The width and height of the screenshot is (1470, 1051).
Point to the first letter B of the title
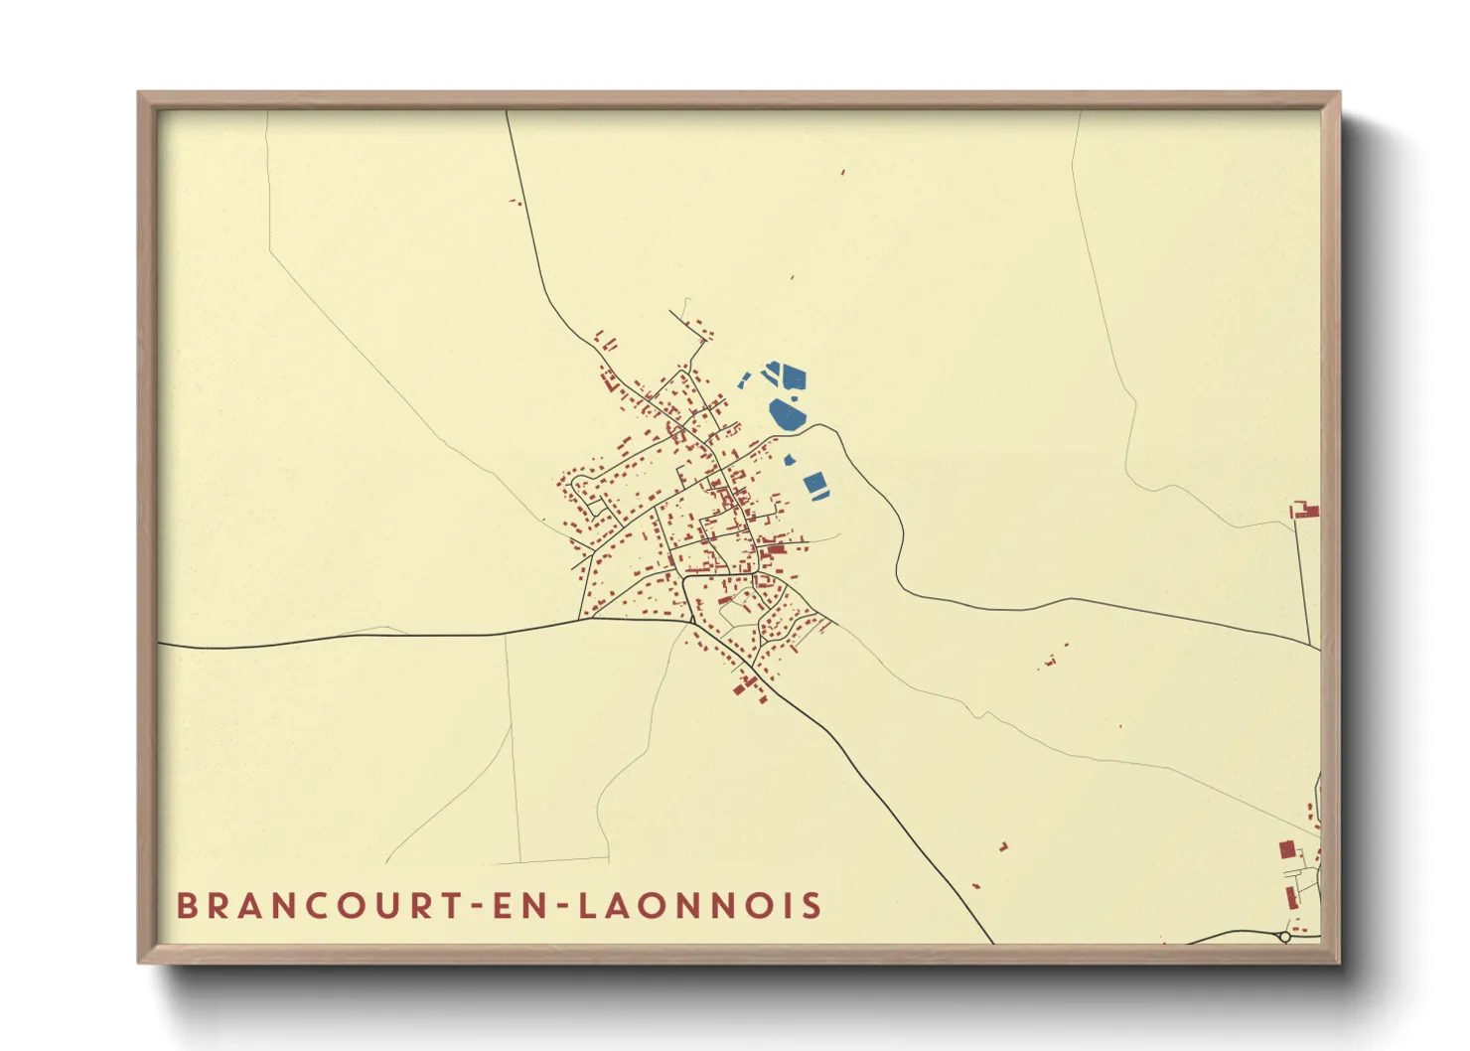186,906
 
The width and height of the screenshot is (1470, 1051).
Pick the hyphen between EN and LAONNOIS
563,907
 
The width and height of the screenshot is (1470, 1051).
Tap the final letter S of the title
813,906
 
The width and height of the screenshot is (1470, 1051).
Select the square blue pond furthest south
814,483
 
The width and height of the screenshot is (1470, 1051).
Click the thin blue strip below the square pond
820,495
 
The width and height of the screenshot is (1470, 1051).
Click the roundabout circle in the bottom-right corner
1284,937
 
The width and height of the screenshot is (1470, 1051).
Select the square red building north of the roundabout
1287,850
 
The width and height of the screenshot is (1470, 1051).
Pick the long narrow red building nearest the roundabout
1292,897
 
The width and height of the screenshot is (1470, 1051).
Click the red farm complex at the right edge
1306,512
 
